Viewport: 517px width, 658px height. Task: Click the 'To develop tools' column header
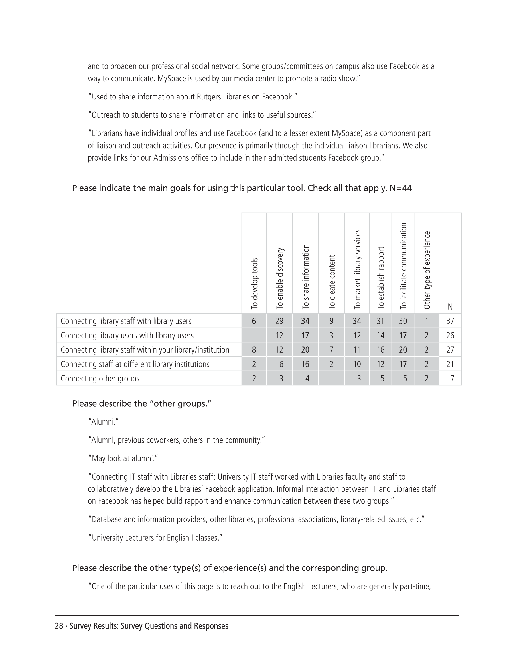point(254,283)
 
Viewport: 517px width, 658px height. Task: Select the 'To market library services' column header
point(358,269)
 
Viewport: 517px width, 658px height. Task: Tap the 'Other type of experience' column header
point(427,270)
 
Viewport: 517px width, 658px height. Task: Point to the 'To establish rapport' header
point(381,278)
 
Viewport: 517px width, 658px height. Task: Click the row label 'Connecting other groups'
point(100,379)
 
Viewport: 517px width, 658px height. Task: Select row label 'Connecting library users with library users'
point(127,335)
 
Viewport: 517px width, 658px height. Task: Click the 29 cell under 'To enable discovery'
point(279,321)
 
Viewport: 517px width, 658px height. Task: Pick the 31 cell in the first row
point(380,321)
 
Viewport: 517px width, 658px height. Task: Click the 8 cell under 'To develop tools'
point(254,350)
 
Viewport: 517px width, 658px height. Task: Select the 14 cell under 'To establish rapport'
point(380,335)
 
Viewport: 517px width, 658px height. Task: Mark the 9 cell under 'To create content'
point(331,321)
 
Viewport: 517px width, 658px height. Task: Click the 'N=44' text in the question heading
point(401,188)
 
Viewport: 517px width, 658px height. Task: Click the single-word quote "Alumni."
point(104,422)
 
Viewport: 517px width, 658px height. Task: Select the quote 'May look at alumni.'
point(123,458)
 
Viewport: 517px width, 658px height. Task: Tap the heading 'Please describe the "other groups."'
point(142,404)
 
